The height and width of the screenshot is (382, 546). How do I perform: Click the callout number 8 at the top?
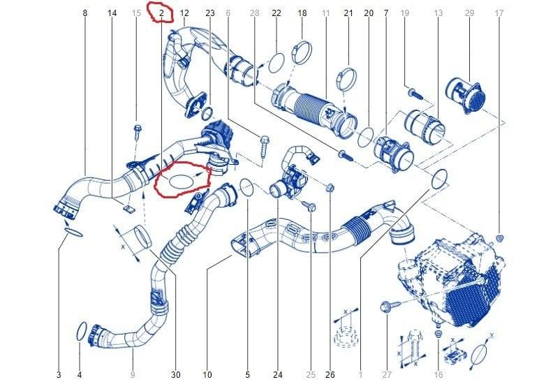[85, 13]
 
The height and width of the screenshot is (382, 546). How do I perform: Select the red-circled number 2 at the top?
[161, 13]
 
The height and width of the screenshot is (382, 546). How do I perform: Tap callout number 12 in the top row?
[184, 13]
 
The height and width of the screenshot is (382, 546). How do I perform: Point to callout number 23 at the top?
[210, 13]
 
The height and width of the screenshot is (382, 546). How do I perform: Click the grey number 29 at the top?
[469, 13]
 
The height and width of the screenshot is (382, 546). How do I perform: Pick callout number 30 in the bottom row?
[176, 375]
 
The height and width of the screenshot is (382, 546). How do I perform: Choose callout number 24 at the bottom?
[277, 375]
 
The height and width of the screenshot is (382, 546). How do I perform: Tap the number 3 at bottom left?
[59, 375]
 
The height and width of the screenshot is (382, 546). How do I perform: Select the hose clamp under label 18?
[302, 52]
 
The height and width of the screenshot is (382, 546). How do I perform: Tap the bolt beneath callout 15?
[137, 132]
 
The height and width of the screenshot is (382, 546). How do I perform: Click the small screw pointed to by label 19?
[415, 94]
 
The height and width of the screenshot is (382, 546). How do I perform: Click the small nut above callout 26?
[330, 189]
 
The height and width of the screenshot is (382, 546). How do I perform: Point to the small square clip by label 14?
[128, 208]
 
